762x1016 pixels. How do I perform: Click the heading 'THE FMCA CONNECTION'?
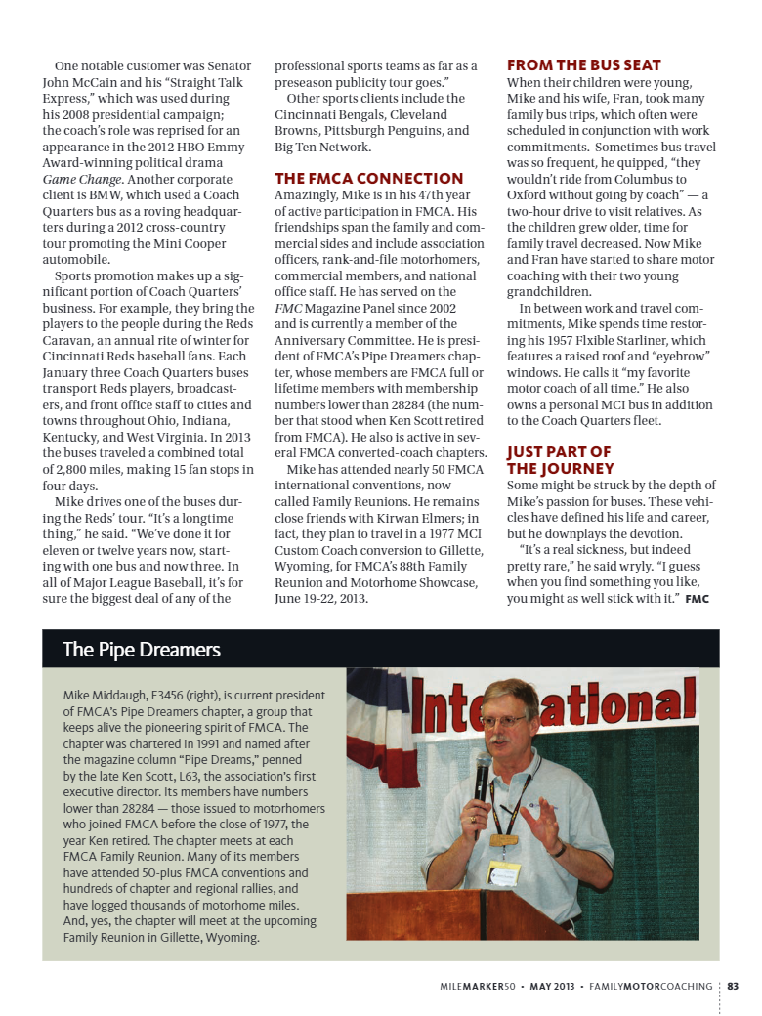[368, 179]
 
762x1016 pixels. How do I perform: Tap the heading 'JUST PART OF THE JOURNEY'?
[559, 460]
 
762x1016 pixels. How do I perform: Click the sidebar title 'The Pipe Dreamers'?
[141, 650]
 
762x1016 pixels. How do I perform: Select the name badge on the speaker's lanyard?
[503, 872]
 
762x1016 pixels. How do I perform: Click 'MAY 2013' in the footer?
[553, 986]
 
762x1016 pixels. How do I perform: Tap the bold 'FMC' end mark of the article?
[697, 598]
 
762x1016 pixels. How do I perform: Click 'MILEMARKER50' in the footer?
[477, 986]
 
